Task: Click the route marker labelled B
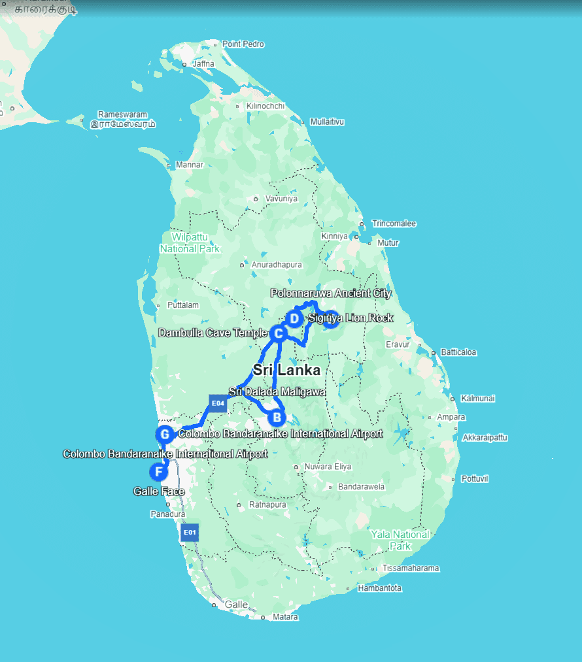277,416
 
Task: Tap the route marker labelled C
278,333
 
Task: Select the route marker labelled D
294,319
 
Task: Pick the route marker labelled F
158,471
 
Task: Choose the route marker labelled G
165,434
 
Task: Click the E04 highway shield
218,403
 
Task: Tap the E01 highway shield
190,532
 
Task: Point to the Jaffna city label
203,64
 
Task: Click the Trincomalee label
394,223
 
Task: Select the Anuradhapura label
277,265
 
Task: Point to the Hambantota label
380,588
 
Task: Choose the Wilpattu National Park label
190,242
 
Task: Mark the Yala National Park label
400,540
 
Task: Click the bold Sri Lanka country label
287,370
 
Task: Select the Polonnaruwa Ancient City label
331,293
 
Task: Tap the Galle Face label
159,491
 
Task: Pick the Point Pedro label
243,44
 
